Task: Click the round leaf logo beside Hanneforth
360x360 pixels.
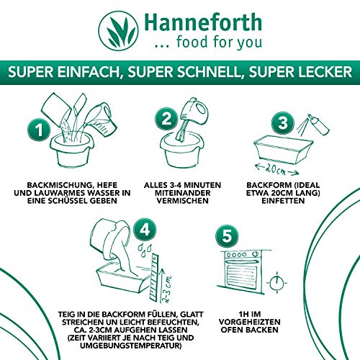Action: tap(119, 31)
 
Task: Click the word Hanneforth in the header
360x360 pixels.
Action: tap(203, 22)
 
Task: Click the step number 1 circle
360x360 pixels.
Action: tap(39, 130)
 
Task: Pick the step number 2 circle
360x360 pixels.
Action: tap(166, 119)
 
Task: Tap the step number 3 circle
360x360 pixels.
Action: tap(283, 123)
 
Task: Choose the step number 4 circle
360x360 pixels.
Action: tap(145, 230)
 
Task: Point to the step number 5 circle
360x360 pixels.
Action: tap(227, 235)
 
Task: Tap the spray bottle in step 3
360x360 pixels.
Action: tap(319, 124)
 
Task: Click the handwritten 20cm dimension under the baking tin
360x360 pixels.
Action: tap(276, 169)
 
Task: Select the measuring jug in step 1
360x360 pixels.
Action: tap(103, 119)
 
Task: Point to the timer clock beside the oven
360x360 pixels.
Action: tap(276, 283)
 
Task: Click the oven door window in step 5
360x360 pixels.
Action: tap(243, 274)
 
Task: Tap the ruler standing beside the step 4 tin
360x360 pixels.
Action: tap(153, 276)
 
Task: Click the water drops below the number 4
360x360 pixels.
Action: tap(146, 250)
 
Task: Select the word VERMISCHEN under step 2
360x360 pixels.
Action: tap(182, 201)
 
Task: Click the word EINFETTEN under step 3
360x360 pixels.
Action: tap(283, 201)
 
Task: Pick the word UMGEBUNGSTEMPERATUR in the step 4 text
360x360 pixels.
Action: tap(131, 346)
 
